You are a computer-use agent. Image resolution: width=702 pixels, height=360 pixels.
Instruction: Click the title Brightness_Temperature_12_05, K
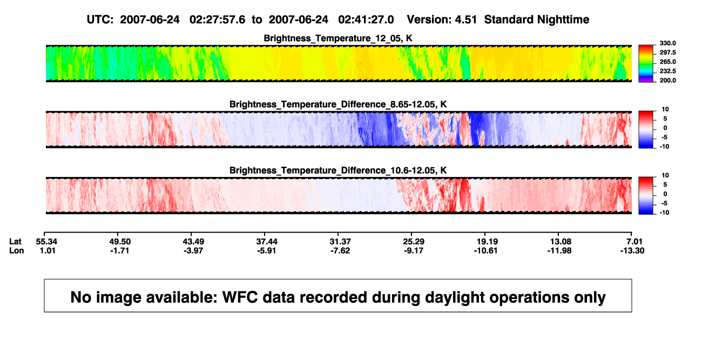pyautogui.click(x=338, y=38)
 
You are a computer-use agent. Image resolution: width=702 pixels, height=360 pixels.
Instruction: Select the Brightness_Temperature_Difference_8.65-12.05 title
pyautogui.click(x=338, y=104)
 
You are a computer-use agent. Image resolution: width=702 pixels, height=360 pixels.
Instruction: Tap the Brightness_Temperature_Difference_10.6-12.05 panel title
pyautogui.click(x=338, y=171)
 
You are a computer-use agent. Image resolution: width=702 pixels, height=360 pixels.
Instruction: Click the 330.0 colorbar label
pyautogui.click(x=667, y=43)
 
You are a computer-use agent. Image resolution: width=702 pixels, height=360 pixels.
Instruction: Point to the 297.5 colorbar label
pyautogui.click(x=667, y=52)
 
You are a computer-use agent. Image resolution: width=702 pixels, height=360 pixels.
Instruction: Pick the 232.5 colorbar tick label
pyautogui.click(x=667, y=71)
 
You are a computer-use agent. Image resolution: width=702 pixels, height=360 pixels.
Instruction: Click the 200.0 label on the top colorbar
pyautogui.click(x=667, y=80)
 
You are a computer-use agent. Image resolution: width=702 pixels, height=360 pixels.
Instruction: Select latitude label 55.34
pyautogui.click(x=46, y=242)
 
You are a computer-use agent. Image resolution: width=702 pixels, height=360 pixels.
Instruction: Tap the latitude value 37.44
pyautogui.click(x=267, y=242)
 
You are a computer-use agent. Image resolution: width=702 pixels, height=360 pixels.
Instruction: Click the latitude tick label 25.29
pyautogui.click(x=413, y=242)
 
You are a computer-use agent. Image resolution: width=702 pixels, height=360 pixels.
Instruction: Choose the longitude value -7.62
pyautogui.click(x=340, y=250)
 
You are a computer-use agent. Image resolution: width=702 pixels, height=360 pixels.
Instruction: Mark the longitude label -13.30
pyautogui.click(x=632, y=250)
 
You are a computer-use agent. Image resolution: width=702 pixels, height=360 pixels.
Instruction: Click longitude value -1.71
pyautogui.click(x=120, y=250)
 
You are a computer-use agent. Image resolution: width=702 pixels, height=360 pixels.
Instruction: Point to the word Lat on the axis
pyautogui.click(x=15, y=242)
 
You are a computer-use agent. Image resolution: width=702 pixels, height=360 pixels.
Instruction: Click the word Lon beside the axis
pyautogui.click(x=17, y=250)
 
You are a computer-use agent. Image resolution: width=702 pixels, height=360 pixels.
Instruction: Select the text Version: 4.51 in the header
pyautogui.click(x=442, y=19)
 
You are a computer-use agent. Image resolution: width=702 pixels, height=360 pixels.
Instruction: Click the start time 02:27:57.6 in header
pyautogui.click(x=217, y=19)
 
